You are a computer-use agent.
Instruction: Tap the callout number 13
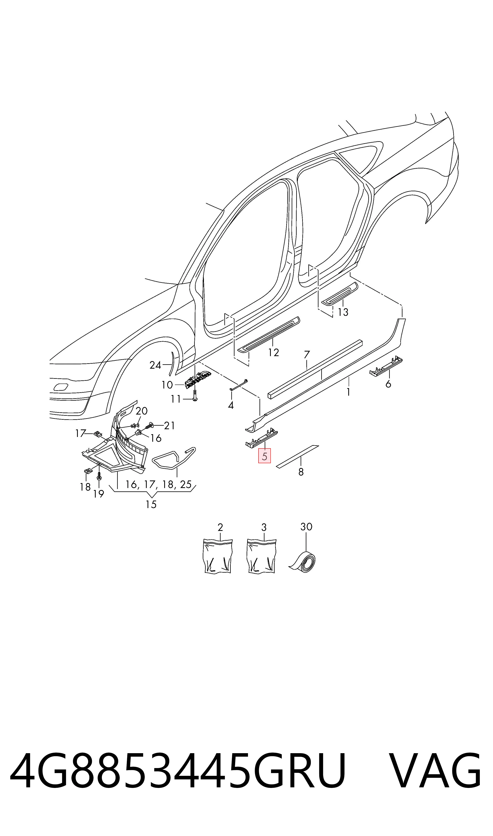pos(343,312)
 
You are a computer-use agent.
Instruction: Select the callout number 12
pos(273,353)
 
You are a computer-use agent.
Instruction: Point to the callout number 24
pos(155,365)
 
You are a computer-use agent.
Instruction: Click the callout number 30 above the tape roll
pos(306,527)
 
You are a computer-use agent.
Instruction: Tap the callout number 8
pos(301,472)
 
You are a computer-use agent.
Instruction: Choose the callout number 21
pos(169,426)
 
